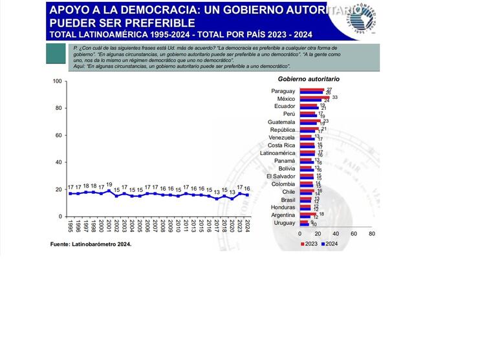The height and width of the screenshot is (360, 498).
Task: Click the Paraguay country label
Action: click(283, 91)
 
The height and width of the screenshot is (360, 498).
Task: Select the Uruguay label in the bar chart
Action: click(284, 223)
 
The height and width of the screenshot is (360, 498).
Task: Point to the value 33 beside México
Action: click(335, 98)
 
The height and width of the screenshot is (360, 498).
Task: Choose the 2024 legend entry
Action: click(329, 244)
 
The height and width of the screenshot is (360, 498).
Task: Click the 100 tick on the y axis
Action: click(57, 81)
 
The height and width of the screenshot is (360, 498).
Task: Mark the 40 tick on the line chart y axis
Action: click(58, 162)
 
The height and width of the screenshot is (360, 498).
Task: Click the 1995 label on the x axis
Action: click(70, 226)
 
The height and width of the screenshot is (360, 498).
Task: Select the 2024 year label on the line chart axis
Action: click(246, 226)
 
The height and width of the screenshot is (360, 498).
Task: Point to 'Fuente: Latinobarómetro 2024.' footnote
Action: click(91, 244)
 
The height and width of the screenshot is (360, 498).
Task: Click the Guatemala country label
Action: click(281, 122)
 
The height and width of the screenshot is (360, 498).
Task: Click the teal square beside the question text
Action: click(57, 54)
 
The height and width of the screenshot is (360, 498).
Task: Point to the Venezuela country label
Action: click(281, 138)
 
